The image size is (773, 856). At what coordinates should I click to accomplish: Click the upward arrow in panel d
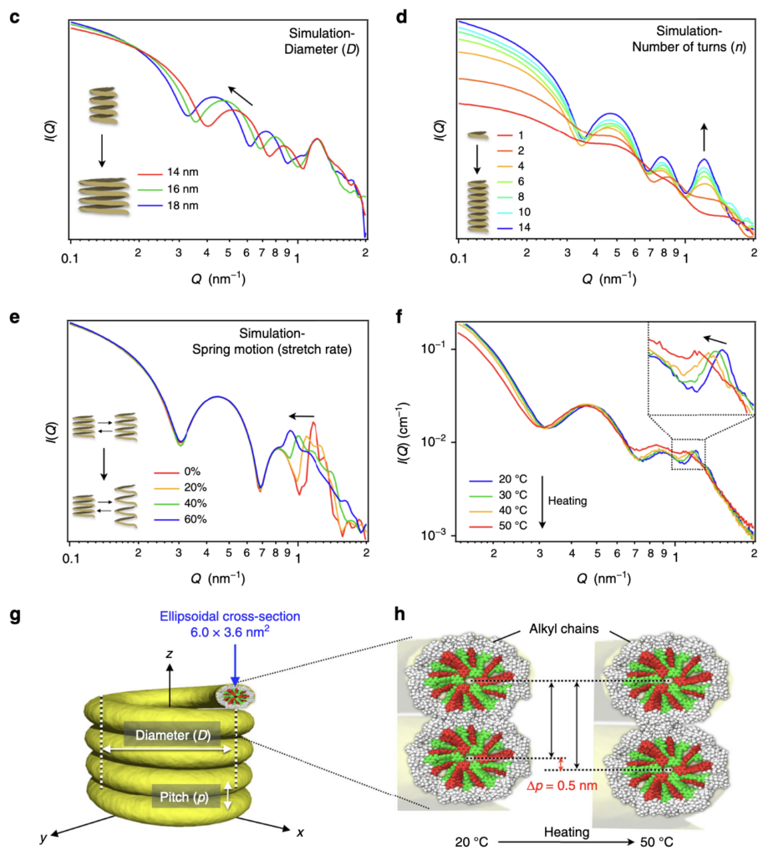[704, 135]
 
